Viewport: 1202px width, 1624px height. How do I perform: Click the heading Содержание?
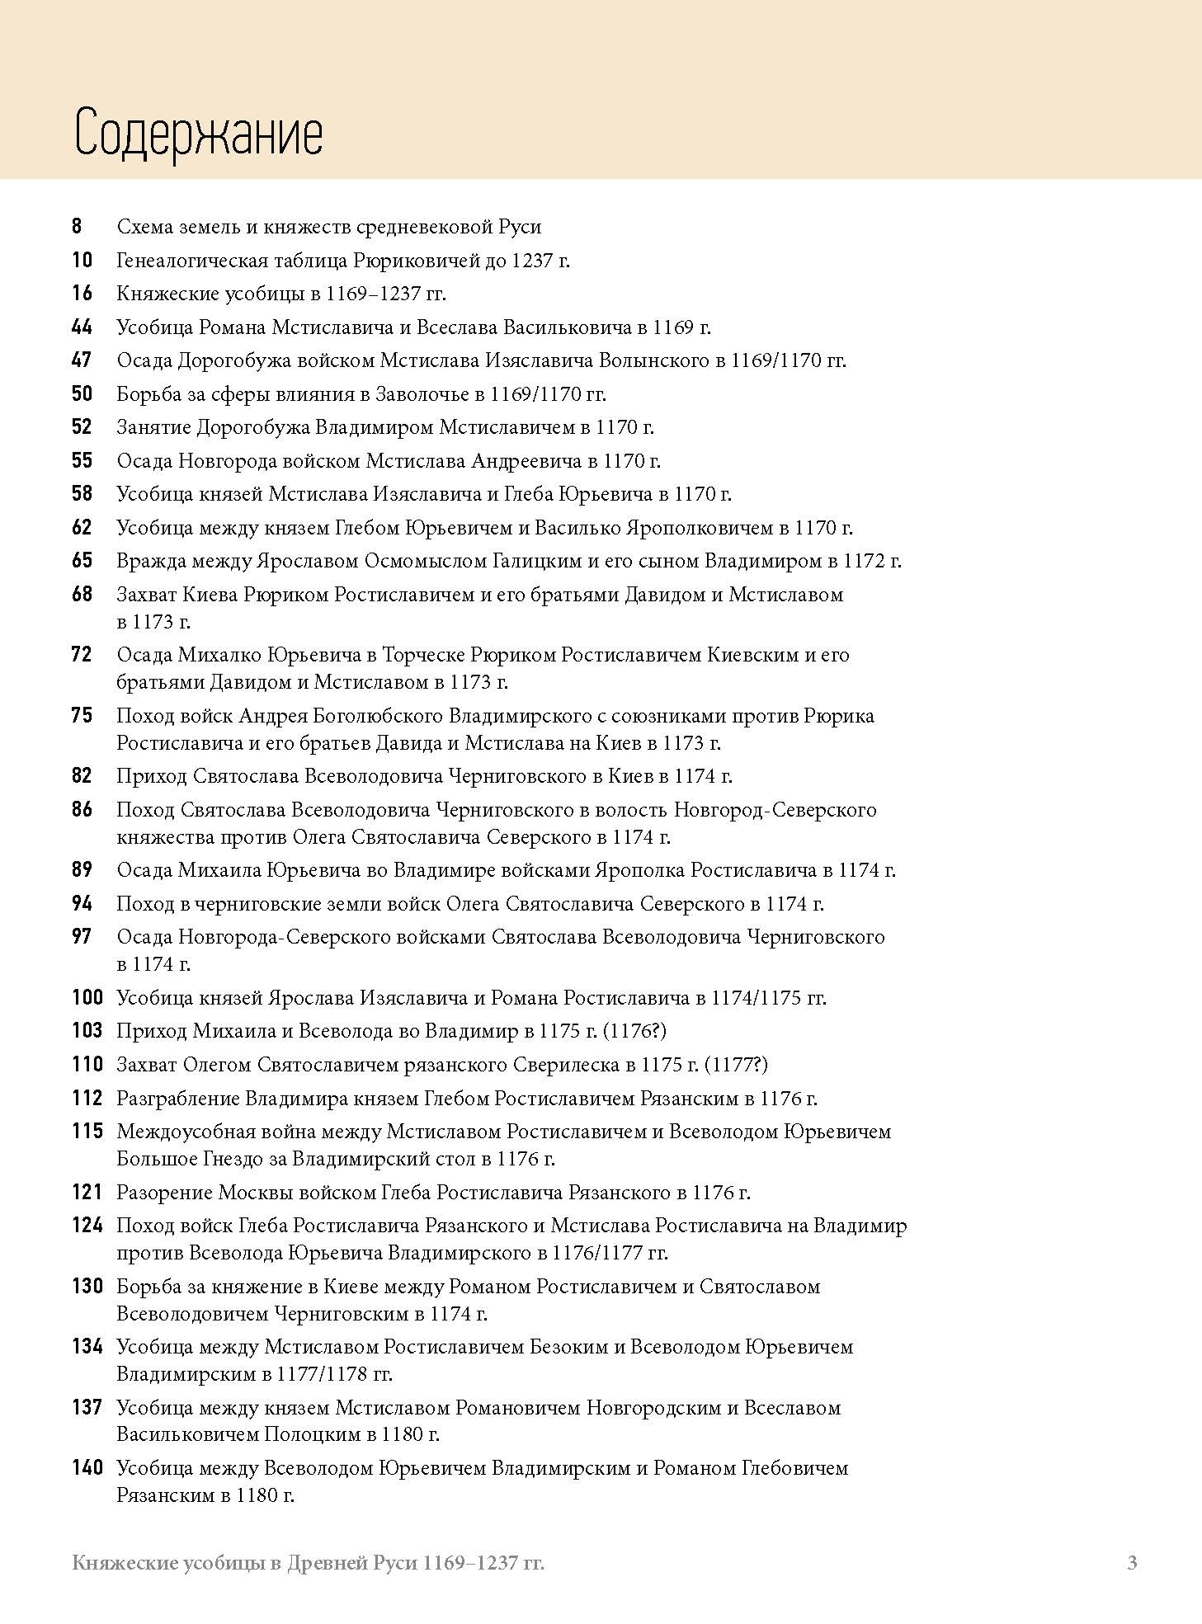click(198, 134)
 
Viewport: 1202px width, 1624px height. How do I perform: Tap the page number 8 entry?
click(77, 226)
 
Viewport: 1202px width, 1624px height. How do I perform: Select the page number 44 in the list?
click(82, 327)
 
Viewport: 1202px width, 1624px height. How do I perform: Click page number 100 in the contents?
click(87, 997)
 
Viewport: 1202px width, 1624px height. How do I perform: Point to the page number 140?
click(87, 1467)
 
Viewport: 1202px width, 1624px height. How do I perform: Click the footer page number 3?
click(1132, 1562)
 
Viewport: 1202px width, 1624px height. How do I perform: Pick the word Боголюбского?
click(366, 715)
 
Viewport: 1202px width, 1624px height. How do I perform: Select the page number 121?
click(87, 1192)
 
